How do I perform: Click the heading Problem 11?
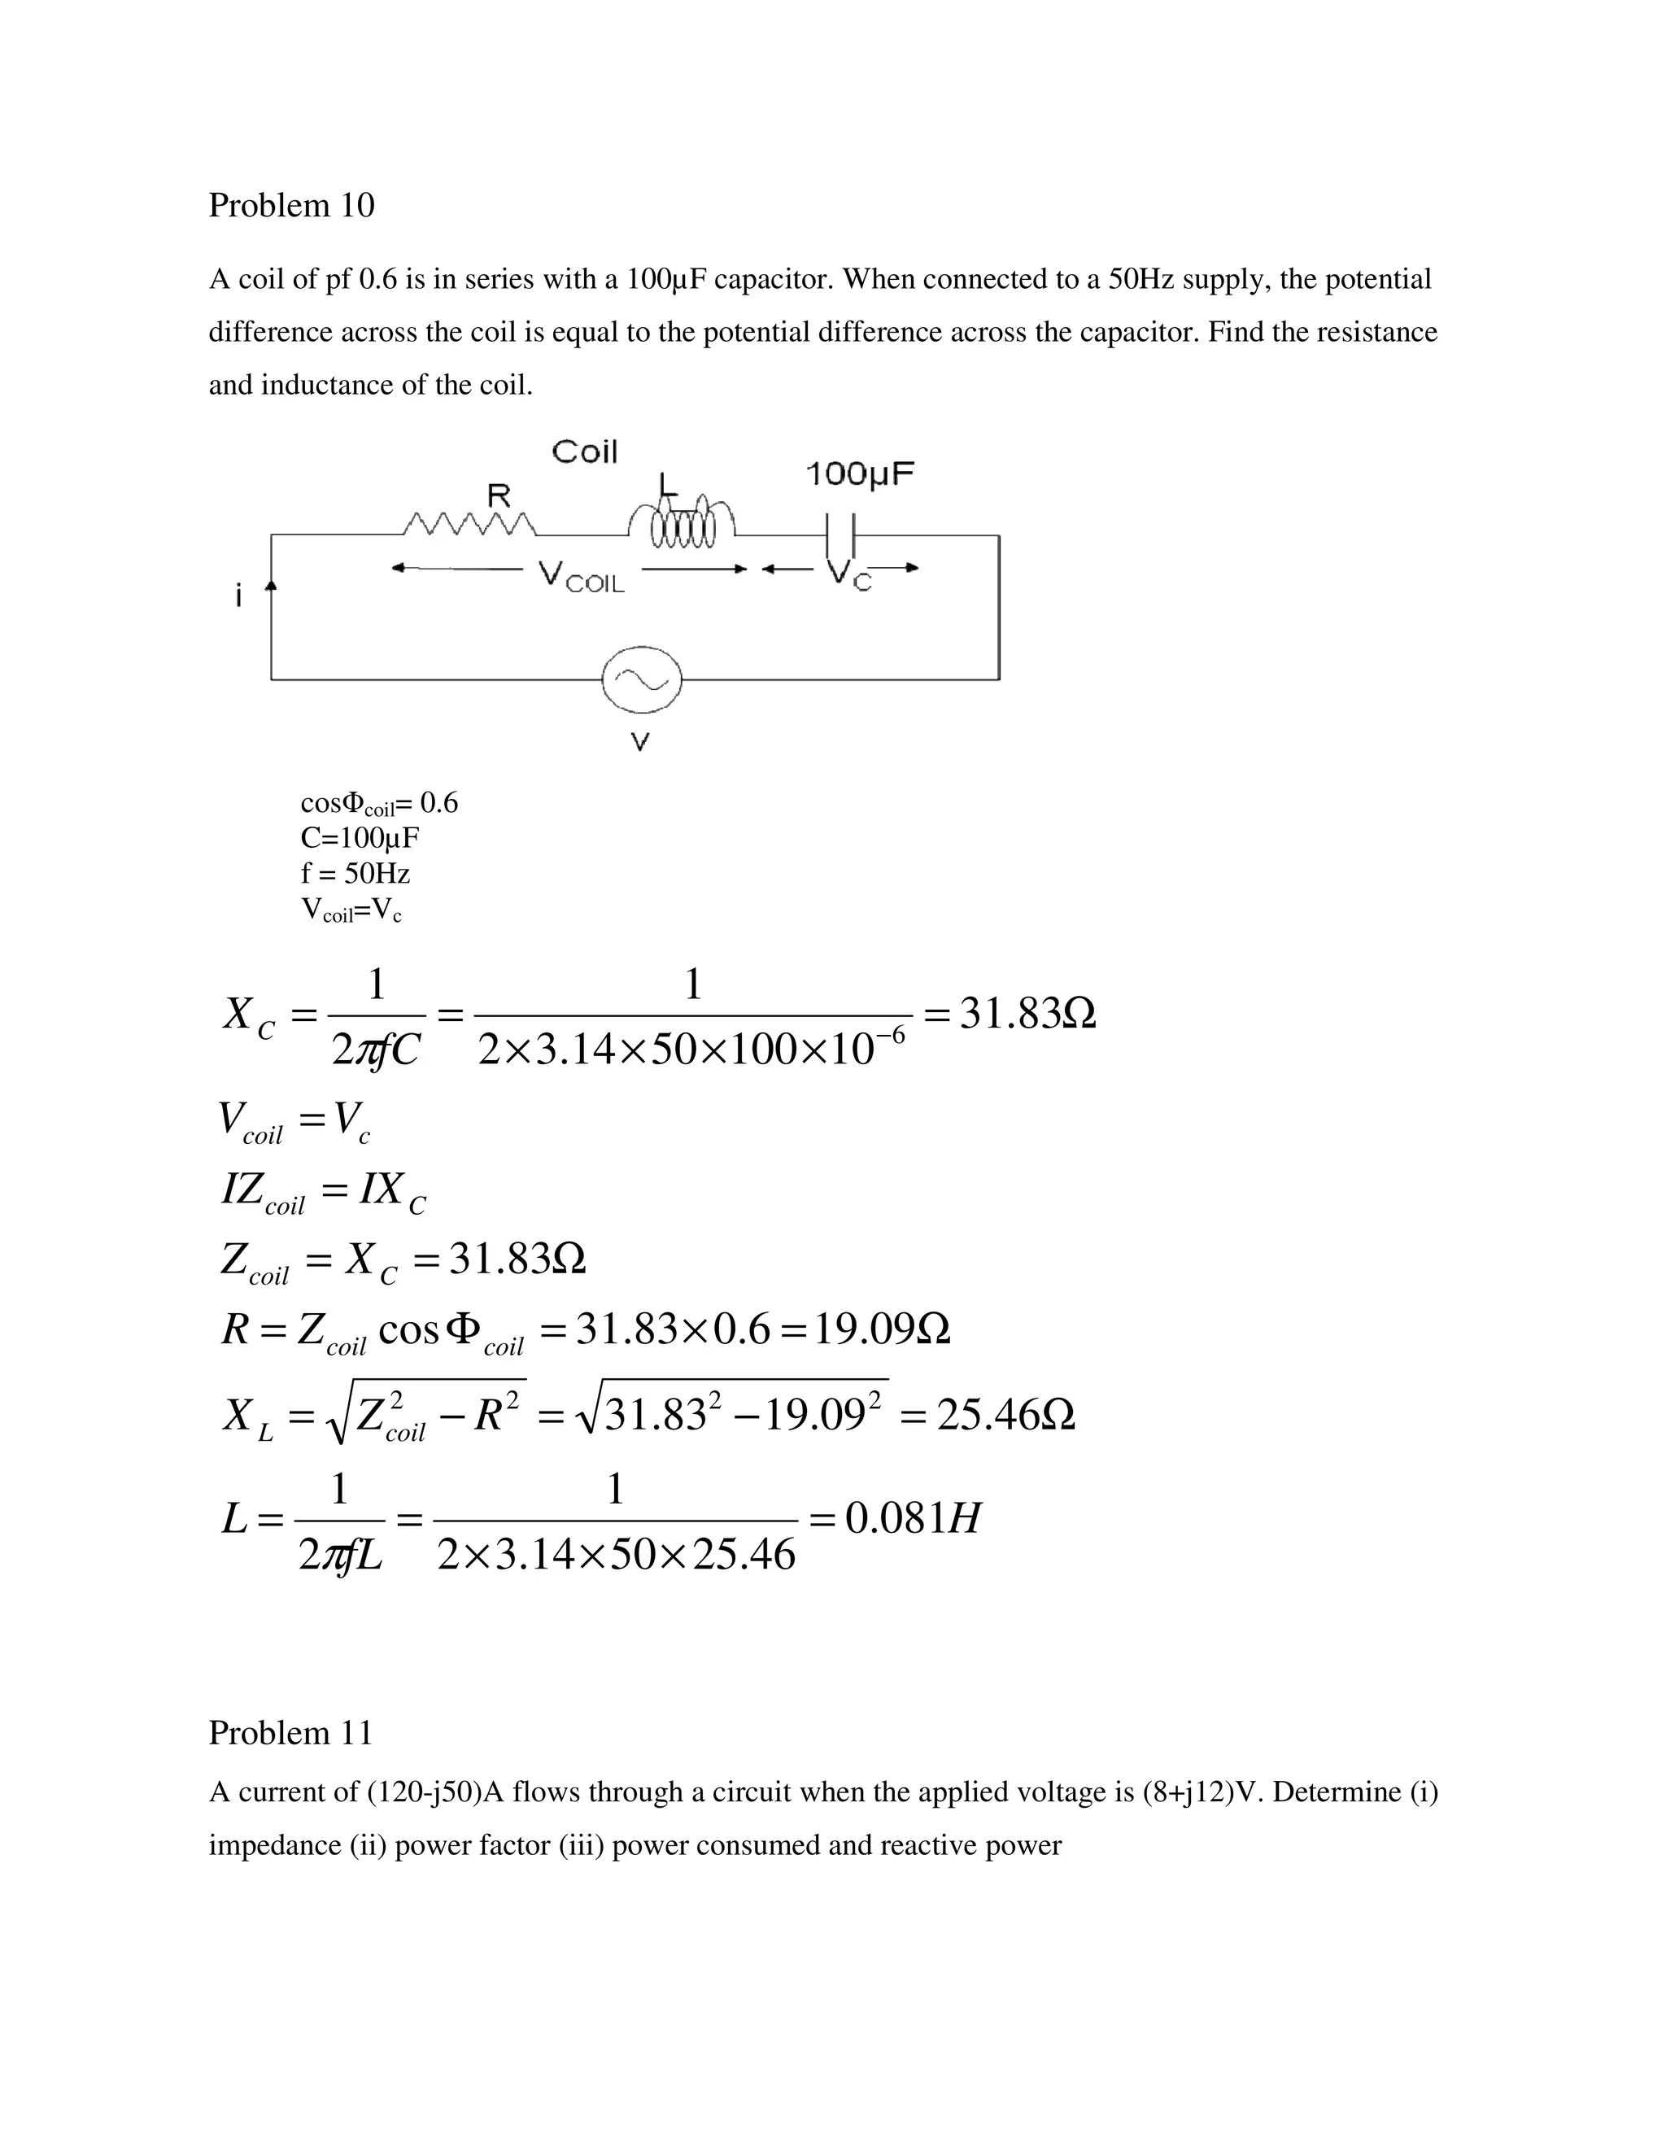click(x=290, y=1732)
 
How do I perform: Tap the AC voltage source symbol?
click(x=642, y=679)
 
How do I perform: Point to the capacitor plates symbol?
click(x=840, y=536)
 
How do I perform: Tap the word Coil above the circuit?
click(x=584, y=452)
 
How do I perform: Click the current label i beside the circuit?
click(x=238, y=596)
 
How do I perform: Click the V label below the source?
click(x=639, y=742)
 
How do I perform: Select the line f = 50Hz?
click(x=355, y=874)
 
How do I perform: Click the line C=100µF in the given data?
click(x=360, y=838)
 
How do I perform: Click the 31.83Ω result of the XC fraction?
click(x=1027, y=1014)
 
